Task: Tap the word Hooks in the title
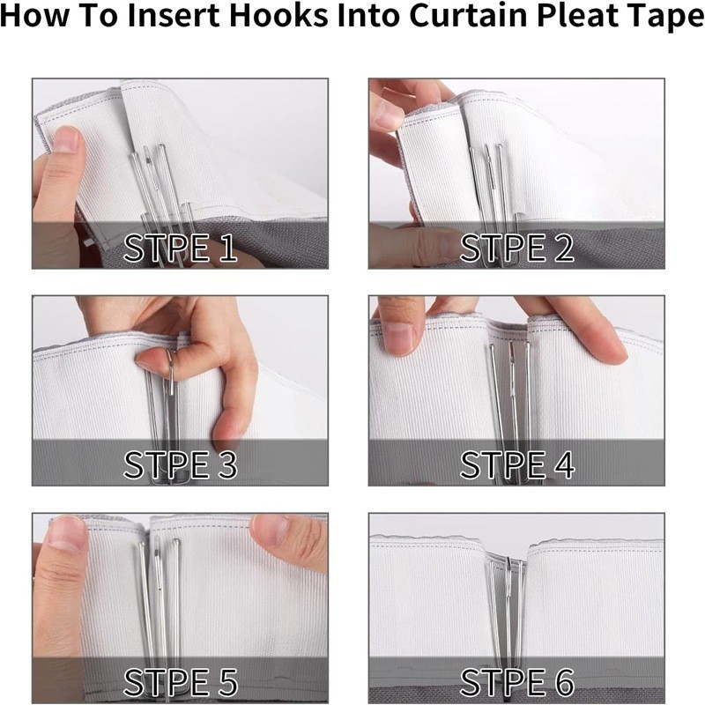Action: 278,15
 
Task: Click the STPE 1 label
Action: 180,248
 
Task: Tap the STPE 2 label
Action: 516,248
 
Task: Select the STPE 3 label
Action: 180,464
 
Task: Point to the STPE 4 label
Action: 517,464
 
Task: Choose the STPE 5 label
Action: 180,682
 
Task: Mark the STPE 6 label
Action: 517,682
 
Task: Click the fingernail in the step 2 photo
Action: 387,116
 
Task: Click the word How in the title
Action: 35,15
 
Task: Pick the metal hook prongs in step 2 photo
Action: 493,197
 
